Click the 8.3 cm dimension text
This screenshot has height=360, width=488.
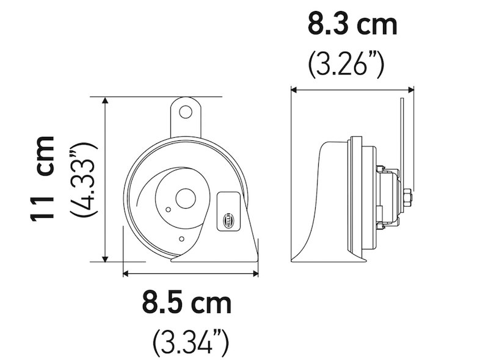(x=352, y=26)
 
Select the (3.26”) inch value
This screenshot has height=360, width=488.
(x=346, y=63)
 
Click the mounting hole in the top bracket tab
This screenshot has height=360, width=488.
(x=185, y=112)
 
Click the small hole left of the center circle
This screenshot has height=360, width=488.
(x=168, y=209)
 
